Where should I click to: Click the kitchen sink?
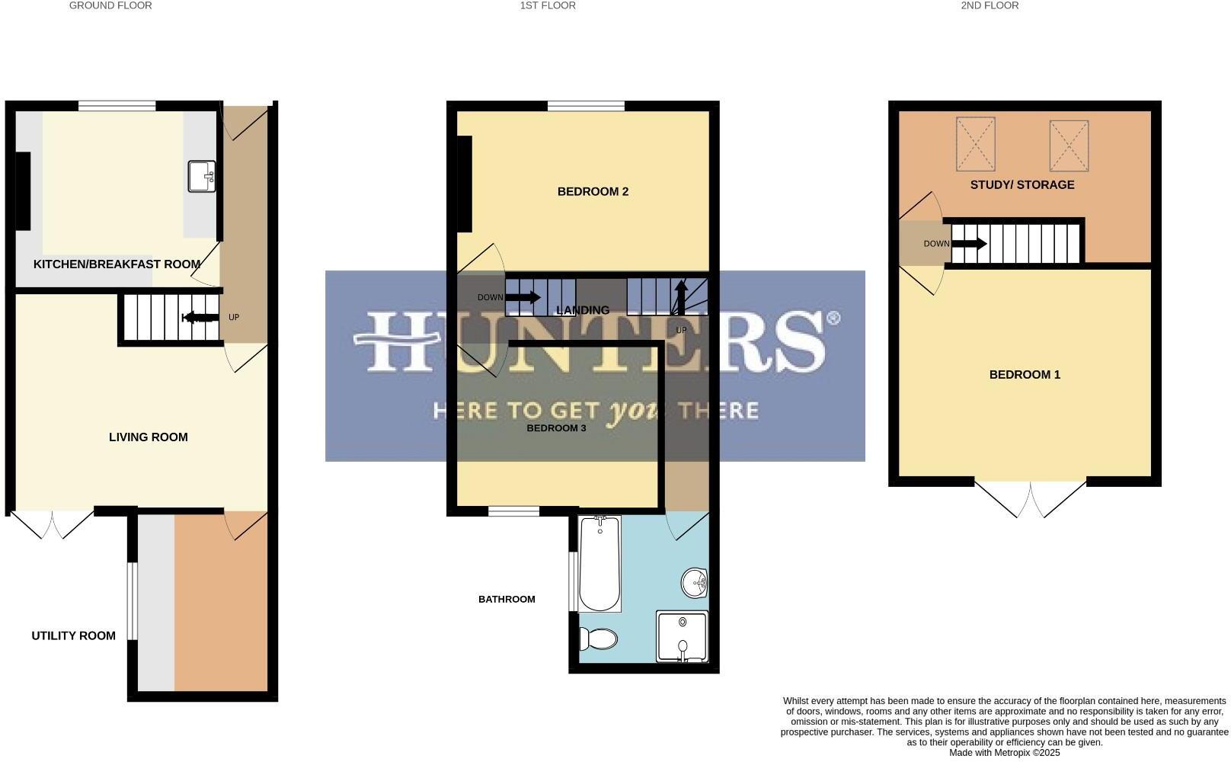click(x=203, y=176)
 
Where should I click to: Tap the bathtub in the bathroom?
click(x=600, y=564)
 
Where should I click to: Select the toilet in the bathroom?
click(x=598, y=638)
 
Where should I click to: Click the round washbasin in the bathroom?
click(x=695, y=584)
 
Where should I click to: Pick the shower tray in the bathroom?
click(x=683, y=637)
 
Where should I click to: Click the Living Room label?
click(x=148, y=437)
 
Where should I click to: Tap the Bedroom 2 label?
click(x=593, y=191)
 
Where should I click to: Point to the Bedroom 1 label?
click(x=1025, y=374)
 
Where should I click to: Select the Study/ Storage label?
click(x=1022, y=184)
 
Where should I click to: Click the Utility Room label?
click(x=73, y=636)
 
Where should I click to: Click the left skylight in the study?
click(x=975, y=144)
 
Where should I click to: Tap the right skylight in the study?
click(x=1069, y=145)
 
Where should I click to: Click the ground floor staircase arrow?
click(x=199, y=318)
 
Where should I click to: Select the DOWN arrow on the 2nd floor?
click(x=969, y=244)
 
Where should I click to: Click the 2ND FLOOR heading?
click(x=990, y=5)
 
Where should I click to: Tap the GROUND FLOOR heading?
click(x=110, y=5)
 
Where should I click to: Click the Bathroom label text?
click(x=507, y=599)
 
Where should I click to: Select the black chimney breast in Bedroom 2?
click(x=464, y=184)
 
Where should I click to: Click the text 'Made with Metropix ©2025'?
click(x=1004, y=752)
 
